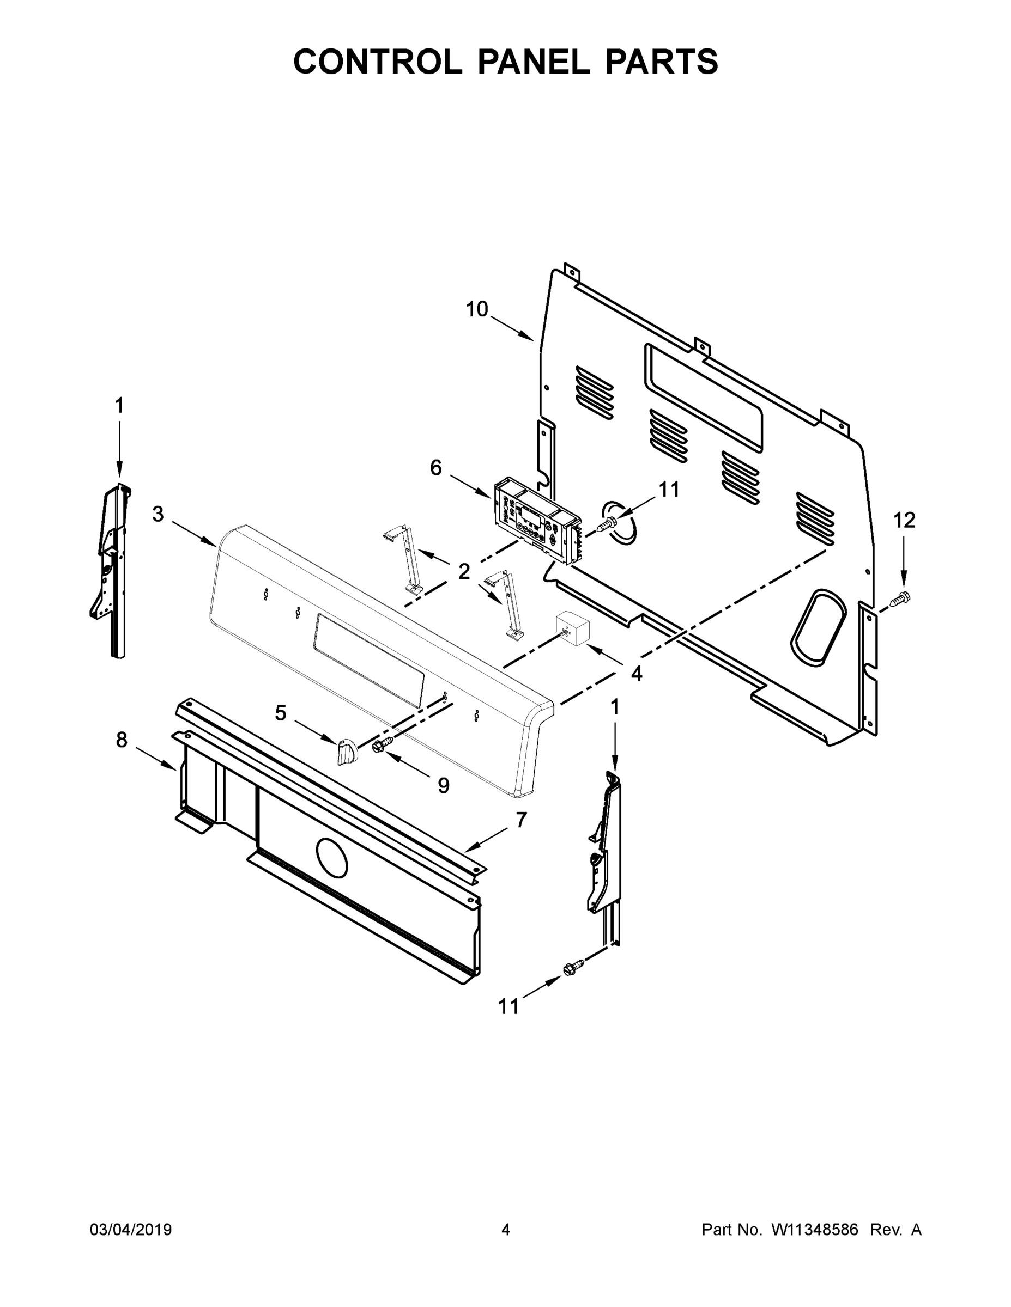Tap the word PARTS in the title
tap(661, 62)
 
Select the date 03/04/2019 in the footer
tap(131, 1230)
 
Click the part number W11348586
tap(815, 1230)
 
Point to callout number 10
tap(477, 309)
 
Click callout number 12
tap(904, 521)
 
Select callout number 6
tap(435, 468)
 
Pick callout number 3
tap(158, 514)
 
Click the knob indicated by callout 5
tap(346, 752)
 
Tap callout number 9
tap(443, 785)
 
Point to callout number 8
tap(122, 740)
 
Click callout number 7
tap(521, 820)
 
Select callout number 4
tap(636, 674)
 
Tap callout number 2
tap(464, 571)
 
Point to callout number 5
tap(280, 713)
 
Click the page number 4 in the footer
tap(506, 1230)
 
